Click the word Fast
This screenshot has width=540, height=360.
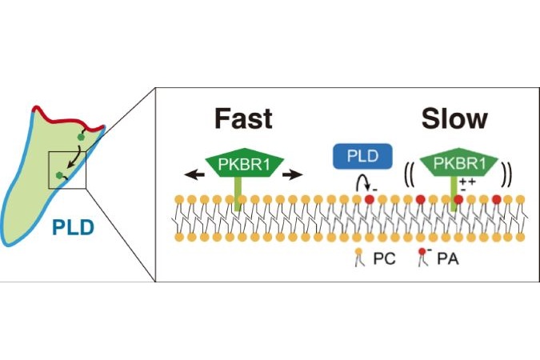(x=243, y=119)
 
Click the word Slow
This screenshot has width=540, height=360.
(x=454, y=119)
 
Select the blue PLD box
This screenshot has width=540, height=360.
(x=362, y=157)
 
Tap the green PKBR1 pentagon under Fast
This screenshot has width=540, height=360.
(x=244, y=162)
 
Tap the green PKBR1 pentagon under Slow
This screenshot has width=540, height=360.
(x=458, y=162)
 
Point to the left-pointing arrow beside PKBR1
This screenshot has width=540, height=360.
(x=194, y=174)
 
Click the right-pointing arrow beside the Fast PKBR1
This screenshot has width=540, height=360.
(x=292, y=174)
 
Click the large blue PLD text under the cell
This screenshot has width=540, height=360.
(x=73, y=227)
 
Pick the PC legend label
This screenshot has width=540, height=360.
(x=384, y=258)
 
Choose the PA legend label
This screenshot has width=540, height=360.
(x=448, y=258)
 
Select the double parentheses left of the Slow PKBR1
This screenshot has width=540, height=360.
(x=410, y=175)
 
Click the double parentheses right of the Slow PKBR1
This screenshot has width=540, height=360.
(x=507, y=174)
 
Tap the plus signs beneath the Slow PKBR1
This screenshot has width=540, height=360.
(x=468, y=181)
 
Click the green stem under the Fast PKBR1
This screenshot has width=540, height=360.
(x=238, y=194)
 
